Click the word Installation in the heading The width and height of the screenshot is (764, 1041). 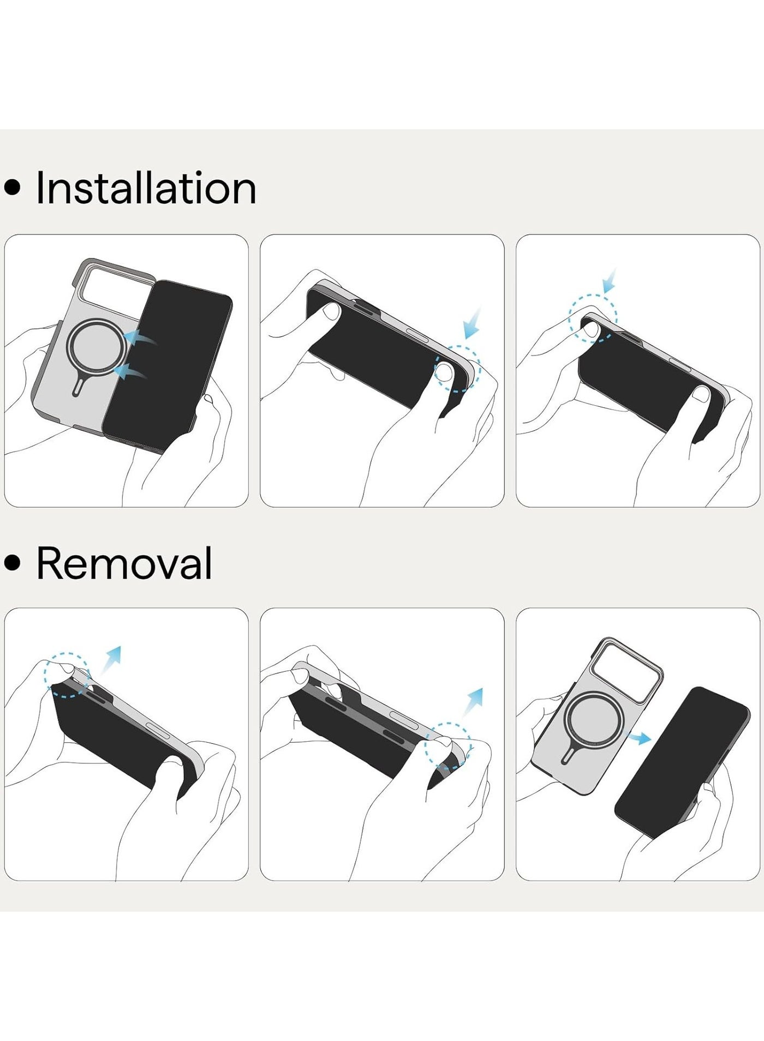(146, 188)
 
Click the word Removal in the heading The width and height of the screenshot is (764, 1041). (124, 563)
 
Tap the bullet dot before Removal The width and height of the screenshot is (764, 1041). (12, 564)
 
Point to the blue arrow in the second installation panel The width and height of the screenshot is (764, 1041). (472, 323)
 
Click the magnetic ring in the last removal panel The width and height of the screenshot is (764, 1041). (568, 720)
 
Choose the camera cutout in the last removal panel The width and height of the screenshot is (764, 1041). (629, 663)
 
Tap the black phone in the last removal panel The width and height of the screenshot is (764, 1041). (682, 762)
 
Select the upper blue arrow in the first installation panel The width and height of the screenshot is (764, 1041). (140, 338)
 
